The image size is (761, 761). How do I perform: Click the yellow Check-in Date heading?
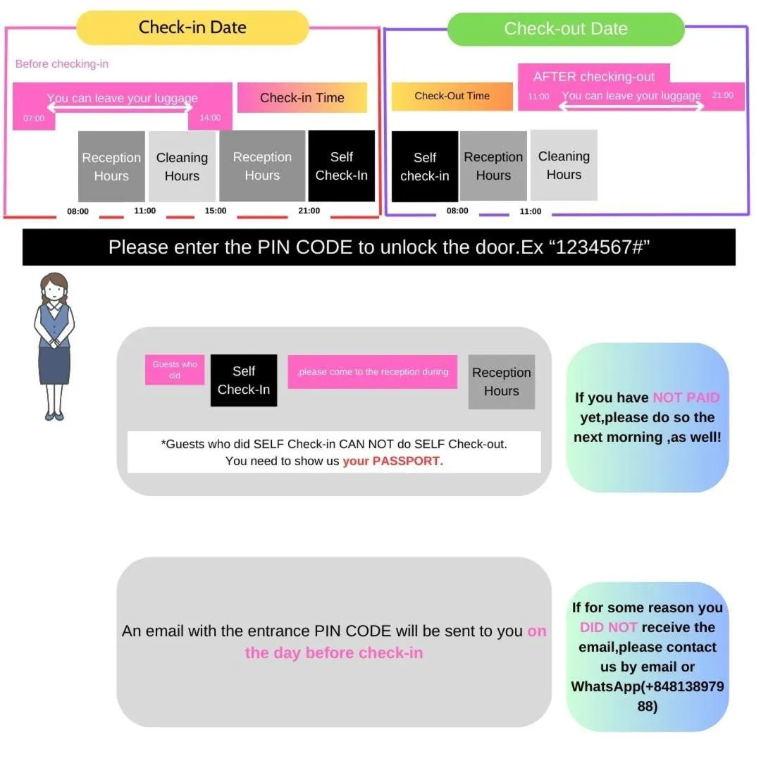pyautogui.click(x=192, y=28)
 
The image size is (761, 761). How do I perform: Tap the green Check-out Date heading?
pyautogui.click(x=565, y=29)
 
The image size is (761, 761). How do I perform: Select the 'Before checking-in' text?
pyautogui.click(x=62, y=64)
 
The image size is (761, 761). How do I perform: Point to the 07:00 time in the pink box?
pyautogui.click(x=34, y=118)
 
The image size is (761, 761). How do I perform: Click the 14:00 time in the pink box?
pyautogui.click(x=210, y=118)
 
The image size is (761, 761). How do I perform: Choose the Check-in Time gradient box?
pyautogui.click(x=302, y=98)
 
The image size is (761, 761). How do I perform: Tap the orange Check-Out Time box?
pyautogui.click(x=452, y=97)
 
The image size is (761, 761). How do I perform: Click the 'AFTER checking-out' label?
pyautogui.click(x=593, y=77)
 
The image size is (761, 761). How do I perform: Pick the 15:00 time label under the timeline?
pyautogui.click(x=216, y=211)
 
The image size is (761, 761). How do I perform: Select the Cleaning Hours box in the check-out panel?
pyautogui.click(x=564, y=166)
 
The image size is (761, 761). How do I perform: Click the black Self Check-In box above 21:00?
pyautogui.click(x=341, y=166)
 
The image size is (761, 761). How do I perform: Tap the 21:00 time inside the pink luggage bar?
pyautogui.click(x=723, y=95)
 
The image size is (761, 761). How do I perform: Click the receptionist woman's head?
pyautogui.click(x=54, y=290)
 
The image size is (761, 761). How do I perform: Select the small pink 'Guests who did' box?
pyautogui.click(x=175, y=370)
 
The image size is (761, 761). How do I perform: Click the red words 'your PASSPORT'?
pyautogui.click(x=392, y=462)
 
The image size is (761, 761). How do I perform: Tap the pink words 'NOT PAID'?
pyautogui.click(x=686, y=397)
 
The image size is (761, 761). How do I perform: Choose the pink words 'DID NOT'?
pyautogui.click(x=608, y=627)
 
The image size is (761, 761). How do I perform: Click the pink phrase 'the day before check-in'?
pyautogui.click(x=334, y=653)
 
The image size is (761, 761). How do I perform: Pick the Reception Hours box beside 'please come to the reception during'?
pyautogui.click(x=501, y=382)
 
